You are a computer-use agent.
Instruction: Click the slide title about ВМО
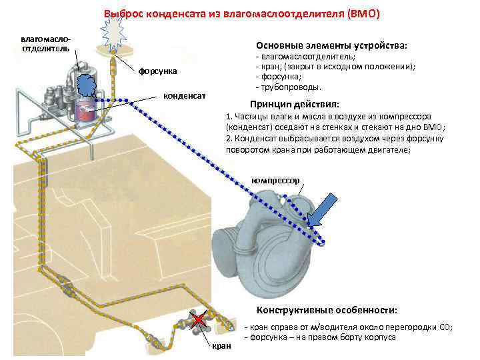[241, 13]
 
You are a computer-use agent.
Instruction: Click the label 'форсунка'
[158, 71]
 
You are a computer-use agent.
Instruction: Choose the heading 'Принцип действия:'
[293, 105]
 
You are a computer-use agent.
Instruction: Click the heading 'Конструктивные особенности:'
[327, 311]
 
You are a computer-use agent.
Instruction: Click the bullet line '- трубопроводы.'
[288, 87]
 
